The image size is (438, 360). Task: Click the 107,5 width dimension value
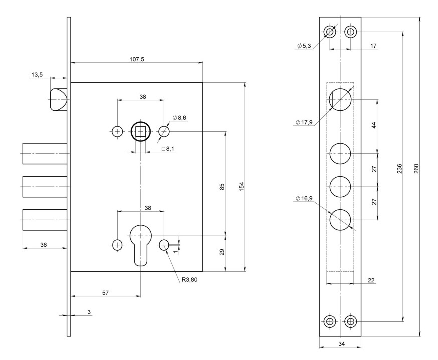coord(137,59)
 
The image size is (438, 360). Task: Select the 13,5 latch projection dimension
coord(37,74)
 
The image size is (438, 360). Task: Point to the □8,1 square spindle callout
coord(168,149)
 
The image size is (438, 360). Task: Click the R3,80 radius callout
coord(190,279)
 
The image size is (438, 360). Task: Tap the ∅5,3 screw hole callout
coord(305,46)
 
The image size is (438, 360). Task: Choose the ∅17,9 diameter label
coord(305,122)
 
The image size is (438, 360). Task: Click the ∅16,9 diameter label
coord(305,199)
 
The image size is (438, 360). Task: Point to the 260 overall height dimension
coord(416,168)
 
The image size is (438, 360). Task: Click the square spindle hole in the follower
coord(141,132)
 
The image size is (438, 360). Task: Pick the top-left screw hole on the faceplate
coord(330,32)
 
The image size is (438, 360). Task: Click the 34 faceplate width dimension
coord(340,344)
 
